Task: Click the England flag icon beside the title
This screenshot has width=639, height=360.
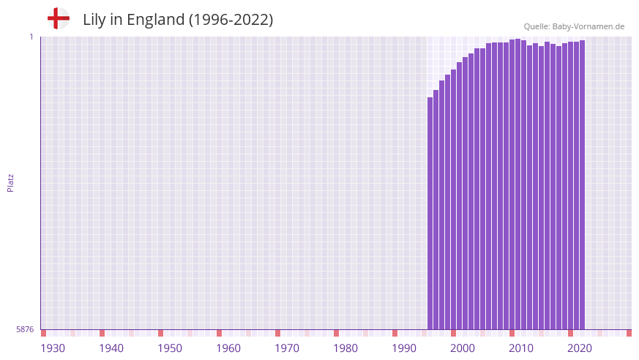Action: pyautogui.click(x=59, y=18)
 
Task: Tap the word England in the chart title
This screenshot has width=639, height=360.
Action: pyautogui.click(x=155, y=20)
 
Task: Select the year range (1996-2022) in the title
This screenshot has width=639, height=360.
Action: pyautogui.click(x=231, y=20)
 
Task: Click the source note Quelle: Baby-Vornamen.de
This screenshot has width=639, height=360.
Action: pyautogui.click(x=574, y=26)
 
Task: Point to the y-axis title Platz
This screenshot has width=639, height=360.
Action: pyautogui.click(x=10, y=182)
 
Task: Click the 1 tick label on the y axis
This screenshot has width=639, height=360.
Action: pyautogui.click(x=31, y=37)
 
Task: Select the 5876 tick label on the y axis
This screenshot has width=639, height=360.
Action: pyautogui.click(x=25, y=329)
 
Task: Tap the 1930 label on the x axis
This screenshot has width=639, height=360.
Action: pyautogui.click(x=53, y=348)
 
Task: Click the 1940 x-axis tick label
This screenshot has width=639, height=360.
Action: pyautogui.click(x=111, y=348)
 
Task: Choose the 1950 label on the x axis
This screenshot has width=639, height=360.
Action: pyautogui.click(x=170, y=348)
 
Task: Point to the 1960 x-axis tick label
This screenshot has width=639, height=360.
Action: pyautogui.click(x=228, y=348)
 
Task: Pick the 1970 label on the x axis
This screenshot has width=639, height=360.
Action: pyautogui.click(x=287, y=348)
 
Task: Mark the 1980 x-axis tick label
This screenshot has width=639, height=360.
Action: pyautogui.click(x=345, y=348)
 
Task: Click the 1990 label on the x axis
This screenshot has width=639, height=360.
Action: pyautogui.click(x=404, y=348)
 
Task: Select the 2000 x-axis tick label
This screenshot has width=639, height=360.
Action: pyautogui.click(x=463, y=348)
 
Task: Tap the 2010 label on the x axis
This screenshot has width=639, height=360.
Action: pyautogui.click(x=521, y=348)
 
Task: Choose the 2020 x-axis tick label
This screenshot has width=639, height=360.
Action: pyautogui.click(x=580, y=348)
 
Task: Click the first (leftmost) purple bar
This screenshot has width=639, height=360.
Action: pyautogui.click(x=430, y=212)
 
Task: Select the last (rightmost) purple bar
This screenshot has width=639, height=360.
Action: pyautogui.click(x=582, y=183)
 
